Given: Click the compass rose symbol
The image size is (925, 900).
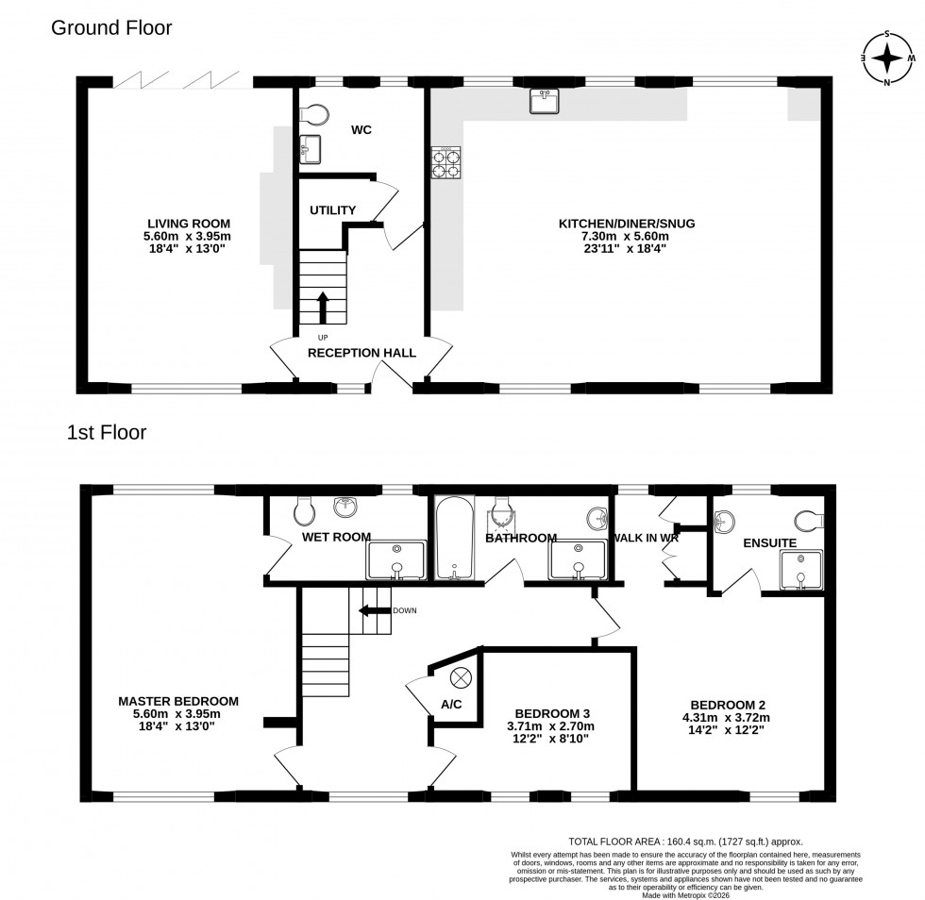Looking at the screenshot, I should coord(886,58).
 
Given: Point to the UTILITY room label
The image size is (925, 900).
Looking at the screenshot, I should coord(332,210).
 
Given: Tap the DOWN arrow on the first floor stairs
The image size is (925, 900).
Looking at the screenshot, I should coord(375,610).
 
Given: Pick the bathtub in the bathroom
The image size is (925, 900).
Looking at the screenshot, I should coord(455,538).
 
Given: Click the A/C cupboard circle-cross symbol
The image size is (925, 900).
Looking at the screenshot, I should coord(461,677).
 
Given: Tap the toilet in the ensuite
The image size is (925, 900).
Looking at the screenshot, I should coord(810,520).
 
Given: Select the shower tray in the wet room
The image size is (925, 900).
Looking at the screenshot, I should coord(396,559).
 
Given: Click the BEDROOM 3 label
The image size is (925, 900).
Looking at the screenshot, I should coord(553,713).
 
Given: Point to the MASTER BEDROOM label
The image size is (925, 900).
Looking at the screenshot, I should coord(178,701).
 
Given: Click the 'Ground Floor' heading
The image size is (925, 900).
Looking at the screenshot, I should coord(110,27).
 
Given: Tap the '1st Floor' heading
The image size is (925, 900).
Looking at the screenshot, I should coord(106,433).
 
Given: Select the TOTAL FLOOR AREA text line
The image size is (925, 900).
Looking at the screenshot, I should coord(684,841).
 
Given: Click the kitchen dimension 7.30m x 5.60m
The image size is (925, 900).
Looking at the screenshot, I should coord(626,237).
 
